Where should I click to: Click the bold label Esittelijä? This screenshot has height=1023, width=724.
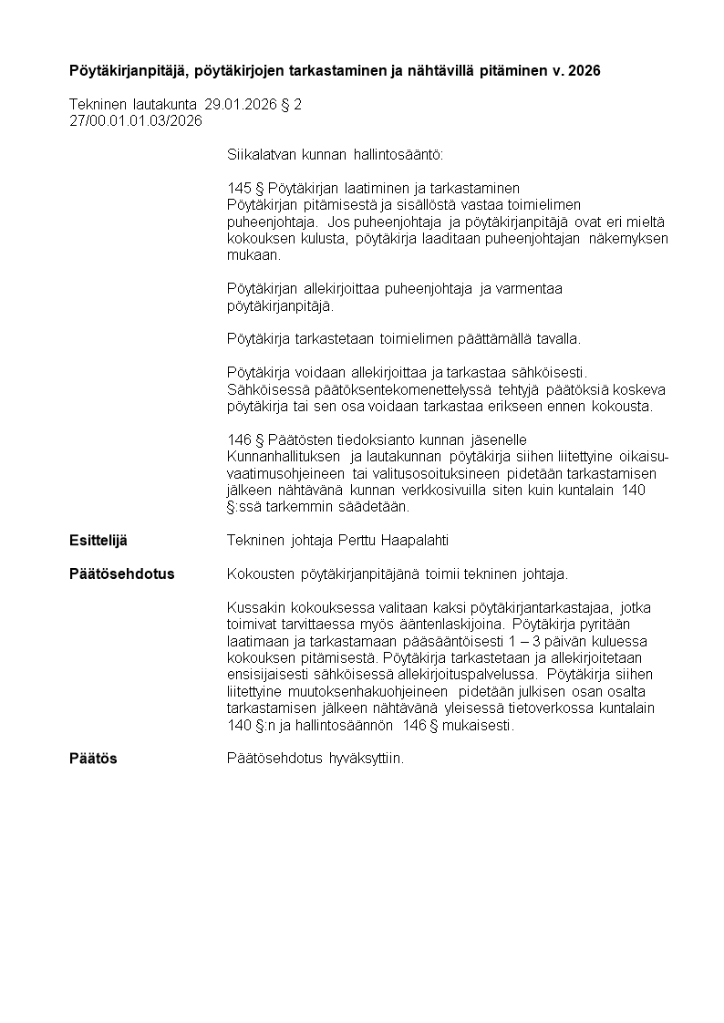click(98, 541)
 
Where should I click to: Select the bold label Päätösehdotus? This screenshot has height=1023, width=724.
click(121, 574)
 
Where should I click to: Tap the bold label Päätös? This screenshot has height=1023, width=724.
click(93, 759)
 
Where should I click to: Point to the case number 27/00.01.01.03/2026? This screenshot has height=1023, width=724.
click(135, 120)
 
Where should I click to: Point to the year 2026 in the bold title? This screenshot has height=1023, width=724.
click(584, 70)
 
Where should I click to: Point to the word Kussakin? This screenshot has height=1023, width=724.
click(252, 608)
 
